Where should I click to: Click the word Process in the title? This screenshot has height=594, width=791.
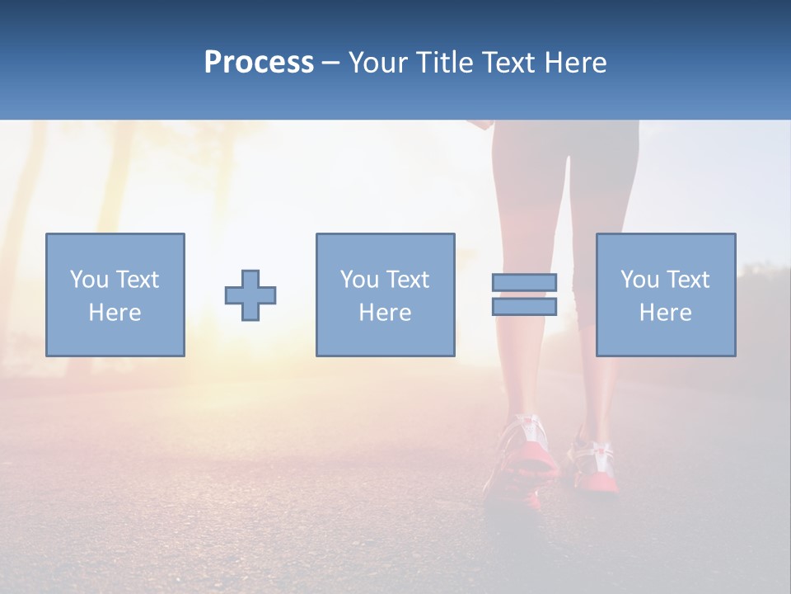click(x=259, y=62)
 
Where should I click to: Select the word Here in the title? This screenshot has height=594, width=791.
click(x=576, y=62)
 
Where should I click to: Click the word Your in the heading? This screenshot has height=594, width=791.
click(x=377, y=62)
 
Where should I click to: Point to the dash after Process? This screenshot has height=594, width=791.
click(x=330, y=63)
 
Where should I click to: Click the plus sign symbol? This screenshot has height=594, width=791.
click(x=250, y=295)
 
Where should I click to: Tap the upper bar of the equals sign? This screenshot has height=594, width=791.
click(x=524, y=282)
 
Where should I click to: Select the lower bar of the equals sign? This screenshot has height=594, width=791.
click(x=524, y=307)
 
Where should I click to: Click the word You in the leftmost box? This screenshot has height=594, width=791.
click(x=88, y=280)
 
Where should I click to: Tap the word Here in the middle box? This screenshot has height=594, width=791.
click(x=385, y=313)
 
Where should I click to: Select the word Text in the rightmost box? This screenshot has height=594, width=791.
click(x=687, y=280)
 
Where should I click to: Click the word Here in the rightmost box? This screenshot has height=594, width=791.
click(x=666, y=313)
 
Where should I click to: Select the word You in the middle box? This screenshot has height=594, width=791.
click(x=359, y=280)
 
